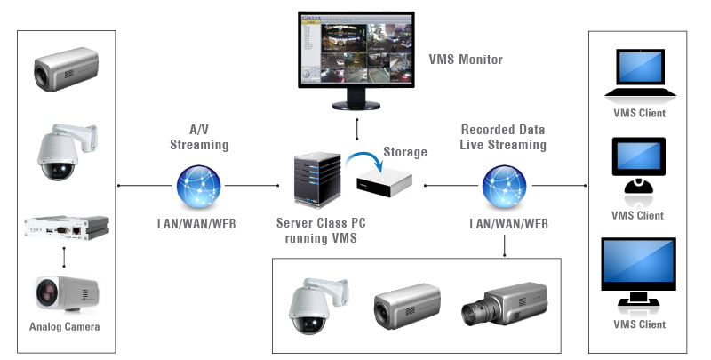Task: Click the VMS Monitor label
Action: (x=466, y=60)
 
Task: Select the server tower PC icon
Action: (x=316, y=181)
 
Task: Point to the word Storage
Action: (x=404, y=152)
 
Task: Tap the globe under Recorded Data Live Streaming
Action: (x=503, y=188)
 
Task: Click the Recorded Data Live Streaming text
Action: (x=504, y=137)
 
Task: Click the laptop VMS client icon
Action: (x=638, y=76)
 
